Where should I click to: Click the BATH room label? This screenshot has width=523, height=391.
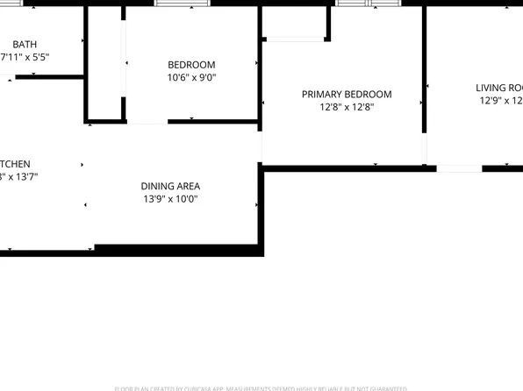(x=25, y=43)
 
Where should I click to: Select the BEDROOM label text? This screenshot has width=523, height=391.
(x=191, y=65)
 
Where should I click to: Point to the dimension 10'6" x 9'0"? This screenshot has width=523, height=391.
(x=191, y=77)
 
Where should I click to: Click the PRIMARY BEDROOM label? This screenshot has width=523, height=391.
(x=347, y=95)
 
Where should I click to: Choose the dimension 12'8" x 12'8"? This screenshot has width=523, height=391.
(x=347, y=107)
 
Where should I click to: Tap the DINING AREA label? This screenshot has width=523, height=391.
(x=170, y=186)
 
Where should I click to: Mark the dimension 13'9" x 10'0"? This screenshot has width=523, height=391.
(x=170, y=199)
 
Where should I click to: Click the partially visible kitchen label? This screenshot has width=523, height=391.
(x=15, y=164)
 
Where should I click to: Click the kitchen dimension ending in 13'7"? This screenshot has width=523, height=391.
(x=18, y=177)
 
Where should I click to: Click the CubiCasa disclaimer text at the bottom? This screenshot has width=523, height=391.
(x=261, y=387)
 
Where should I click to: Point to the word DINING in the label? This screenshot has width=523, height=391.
(x=157, y=186)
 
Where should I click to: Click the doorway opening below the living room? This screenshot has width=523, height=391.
(x=459, y=167)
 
